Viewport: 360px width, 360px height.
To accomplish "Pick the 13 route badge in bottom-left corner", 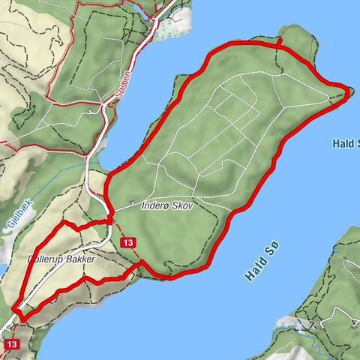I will (10, 343).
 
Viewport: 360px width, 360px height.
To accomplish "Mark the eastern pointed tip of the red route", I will (349, 90).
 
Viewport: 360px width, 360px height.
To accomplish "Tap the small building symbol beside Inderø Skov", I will (133, 202).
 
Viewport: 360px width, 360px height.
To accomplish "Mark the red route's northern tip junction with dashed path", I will (278, 46).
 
